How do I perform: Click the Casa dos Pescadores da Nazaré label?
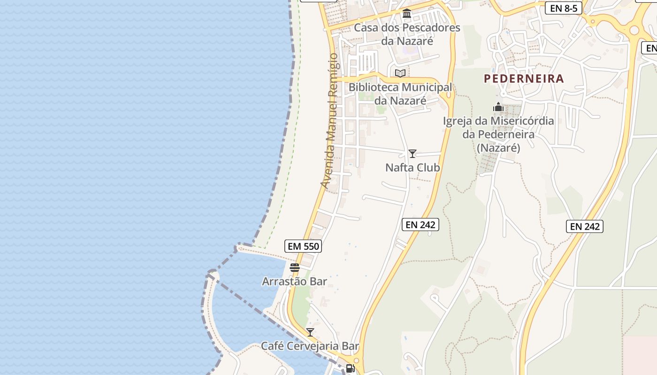point(407,34)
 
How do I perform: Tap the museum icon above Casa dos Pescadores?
point(407,14)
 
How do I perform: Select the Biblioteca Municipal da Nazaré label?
point(400,94)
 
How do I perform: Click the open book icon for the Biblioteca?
point(400,73)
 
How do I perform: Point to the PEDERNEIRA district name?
point(524,78)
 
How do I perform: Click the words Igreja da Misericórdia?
point(498,121)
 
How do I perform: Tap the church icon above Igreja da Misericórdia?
point(498,107)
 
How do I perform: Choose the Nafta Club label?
point(413,167)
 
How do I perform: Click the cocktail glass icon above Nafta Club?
point(413,154)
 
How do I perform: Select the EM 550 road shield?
point(303,246)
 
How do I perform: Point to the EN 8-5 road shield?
point(564,8)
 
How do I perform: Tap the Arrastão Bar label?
point(294,281)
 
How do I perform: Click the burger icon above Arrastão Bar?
point(295,268)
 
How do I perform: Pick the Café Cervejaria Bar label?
point(310,346)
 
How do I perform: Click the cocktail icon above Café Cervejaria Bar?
point(310,332)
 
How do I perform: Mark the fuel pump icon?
point(351,368)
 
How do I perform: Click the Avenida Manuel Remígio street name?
point(330,121)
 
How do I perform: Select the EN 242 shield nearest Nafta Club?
point(420,225)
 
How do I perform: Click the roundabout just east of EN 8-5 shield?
point(634,30)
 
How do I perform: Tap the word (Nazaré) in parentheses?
point(498,148)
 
